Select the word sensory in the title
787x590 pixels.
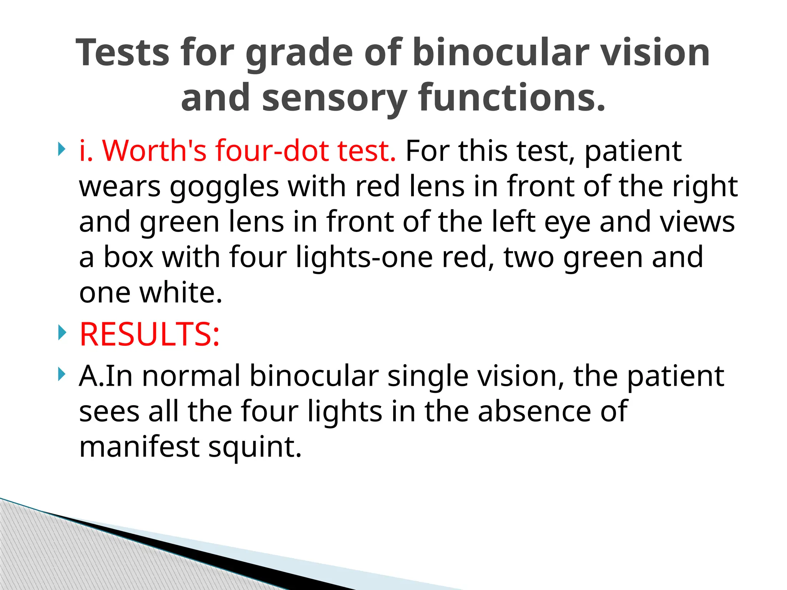click(x=334, y=98)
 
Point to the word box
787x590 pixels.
click(x=129, y=257)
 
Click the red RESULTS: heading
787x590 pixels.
click(x=149, y=334)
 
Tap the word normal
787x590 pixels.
click(x=191, y=376)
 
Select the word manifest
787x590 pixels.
click(x=139, y=447)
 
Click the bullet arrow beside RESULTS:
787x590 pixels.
click(x=61, y=333)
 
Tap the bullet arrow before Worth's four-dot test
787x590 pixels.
click(x=61, y=149)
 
